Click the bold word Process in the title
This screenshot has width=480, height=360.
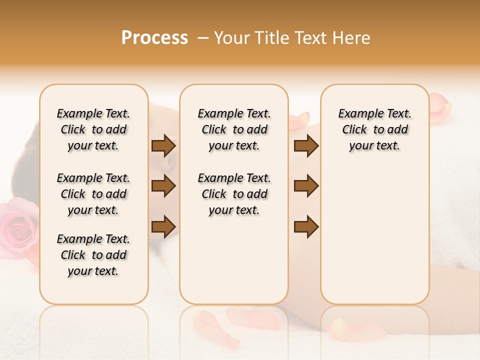(x=154, y=38)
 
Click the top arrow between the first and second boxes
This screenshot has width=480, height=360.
(x=163, y=146)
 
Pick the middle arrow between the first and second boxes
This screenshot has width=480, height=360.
(x=163, y=186)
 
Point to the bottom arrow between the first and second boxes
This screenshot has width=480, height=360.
(x=163, y=226)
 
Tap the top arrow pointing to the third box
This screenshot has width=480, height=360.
(x=306, y=146)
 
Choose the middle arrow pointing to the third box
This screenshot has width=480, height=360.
(x=306, y=186)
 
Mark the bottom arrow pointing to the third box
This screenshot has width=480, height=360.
(x=306, y=226)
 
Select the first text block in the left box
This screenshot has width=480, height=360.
(x=93, y=129)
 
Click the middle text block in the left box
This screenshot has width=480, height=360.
(x=93, y=194)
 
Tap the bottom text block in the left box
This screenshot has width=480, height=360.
(x=93, y=255)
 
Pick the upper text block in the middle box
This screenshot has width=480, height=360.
(x=234, y=129)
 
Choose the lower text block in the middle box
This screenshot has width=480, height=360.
(x=234, y=194)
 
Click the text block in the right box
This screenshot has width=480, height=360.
(x=374, y=129)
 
